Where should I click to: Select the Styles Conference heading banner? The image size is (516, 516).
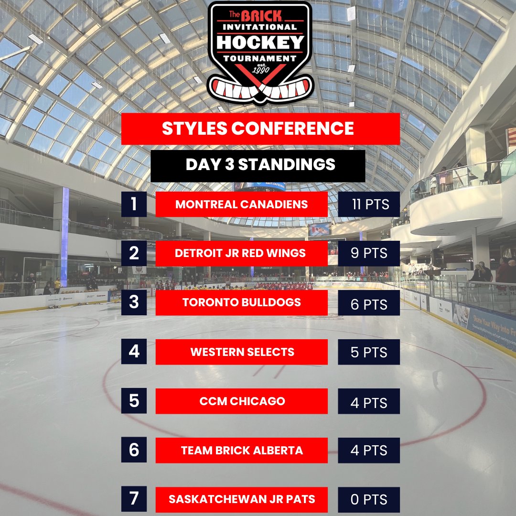coord(260,129)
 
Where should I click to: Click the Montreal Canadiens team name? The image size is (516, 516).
coord(242,204)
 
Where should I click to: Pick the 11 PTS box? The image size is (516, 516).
coord(369,204)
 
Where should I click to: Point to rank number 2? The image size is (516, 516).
coord(134,254)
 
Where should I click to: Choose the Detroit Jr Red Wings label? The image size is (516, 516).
coord(242,254)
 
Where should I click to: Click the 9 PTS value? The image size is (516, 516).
coord(369,254)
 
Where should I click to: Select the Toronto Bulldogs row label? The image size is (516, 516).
coord(242,302)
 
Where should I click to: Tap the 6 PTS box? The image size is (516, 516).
coord(369,303)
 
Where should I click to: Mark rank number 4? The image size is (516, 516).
coord(134,352)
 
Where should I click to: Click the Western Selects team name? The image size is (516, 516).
coord(242,352)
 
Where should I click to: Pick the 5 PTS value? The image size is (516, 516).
coord(369,353)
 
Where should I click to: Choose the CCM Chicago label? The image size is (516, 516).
coord(242,401)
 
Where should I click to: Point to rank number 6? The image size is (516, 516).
coord(134,450)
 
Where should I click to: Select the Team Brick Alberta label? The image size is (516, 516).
coord(242,450)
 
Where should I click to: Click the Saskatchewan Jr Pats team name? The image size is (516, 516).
coord(242,499)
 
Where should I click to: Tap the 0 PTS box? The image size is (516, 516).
coord(369,500)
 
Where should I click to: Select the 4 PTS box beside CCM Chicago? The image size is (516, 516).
coord(369,402)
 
